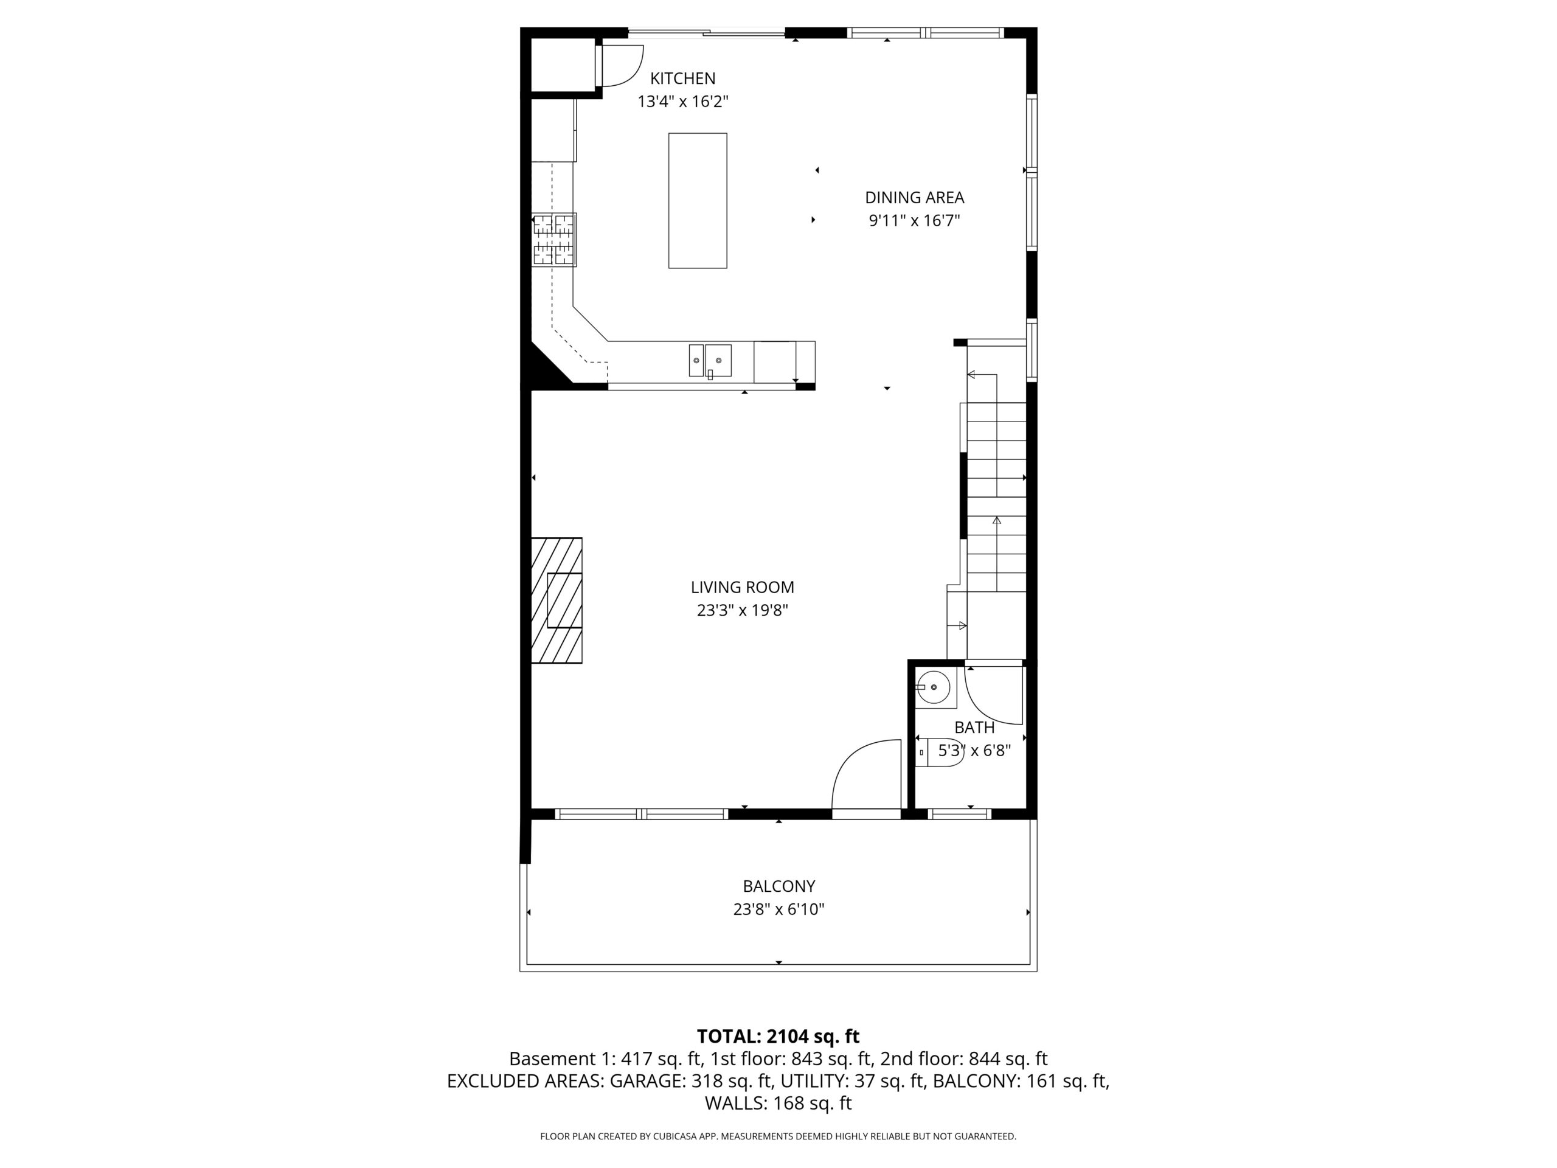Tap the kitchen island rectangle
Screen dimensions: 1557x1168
(x=698, y=201)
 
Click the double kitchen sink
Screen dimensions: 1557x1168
(x=710, y=361)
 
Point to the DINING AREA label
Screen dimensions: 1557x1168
(x=914, y=198)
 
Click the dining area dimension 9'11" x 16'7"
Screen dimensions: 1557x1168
(x=914, y=221)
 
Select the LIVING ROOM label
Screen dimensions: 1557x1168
(x=742, y=587)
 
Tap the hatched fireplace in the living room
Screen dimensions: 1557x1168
(x=556, y=600)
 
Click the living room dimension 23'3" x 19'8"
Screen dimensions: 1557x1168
(x=742, y=610)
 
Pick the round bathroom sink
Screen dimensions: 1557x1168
(x=934, y=687)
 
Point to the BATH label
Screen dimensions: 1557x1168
(x=974, y=728)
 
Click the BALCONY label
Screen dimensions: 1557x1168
(x=778, y=886)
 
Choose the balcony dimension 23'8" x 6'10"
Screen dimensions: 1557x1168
(x=778, y=909)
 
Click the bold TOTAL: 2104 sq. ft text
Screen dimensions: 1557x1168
(x=778, y=1037)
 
